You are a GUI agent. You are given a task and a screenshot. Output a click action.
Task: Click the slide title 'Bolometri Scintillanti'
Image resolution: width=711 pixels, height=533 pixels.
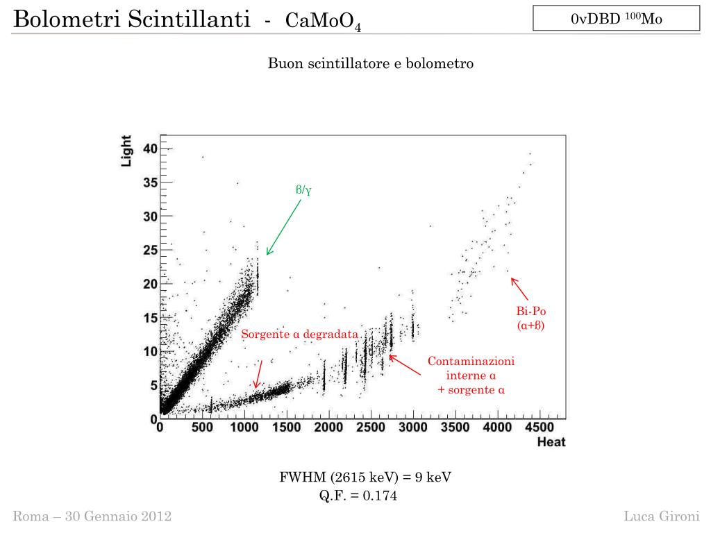[132, 19]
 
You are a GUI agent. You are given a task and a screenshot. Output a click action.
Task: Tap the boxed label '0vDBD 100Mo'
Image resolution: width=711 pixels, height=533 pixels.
[616, 19]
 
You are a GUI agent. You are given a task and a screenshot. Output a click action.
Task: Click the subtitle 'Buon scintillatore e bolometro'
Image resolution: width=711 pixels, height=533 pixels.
[371, 64]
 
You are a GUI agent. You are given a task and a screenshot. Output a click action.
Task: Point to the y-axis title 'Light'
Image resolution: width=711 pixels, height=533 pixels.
[127, 151]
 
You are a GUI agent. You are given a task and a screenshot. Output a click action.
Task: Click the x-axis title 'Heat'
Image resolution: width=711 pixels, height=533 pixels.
[551, 442]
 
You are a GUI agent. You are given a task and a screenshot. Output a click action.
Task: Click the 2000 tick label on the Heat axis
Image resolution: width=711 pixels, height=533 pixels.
[328, 428]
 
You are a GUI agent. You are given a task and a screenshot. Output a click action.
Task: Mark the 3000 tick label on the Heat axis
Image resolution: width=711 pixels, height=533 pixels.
[412, 428]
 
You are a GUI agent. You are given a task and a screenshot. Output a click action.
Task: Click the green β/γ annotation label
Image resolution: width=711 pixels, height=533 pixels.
[303, 189]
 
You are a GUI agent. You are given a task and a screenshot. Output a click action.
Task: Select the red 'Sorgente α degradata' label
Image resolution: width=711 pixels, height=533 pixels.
[300, 335]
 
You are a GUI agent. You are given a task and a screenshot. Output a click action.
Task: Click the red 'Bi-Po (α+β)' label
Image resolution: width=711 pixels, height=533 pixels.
[531, 319]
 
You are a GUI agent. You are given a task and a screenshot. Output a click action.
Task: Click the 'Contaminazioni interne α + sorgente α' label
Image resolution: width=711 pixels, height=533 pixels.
[471, 375]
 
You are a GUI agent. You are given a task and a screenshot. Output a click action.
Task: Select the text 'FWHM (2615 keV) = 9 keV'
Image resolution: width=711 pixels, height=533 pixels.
[358, 477]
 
